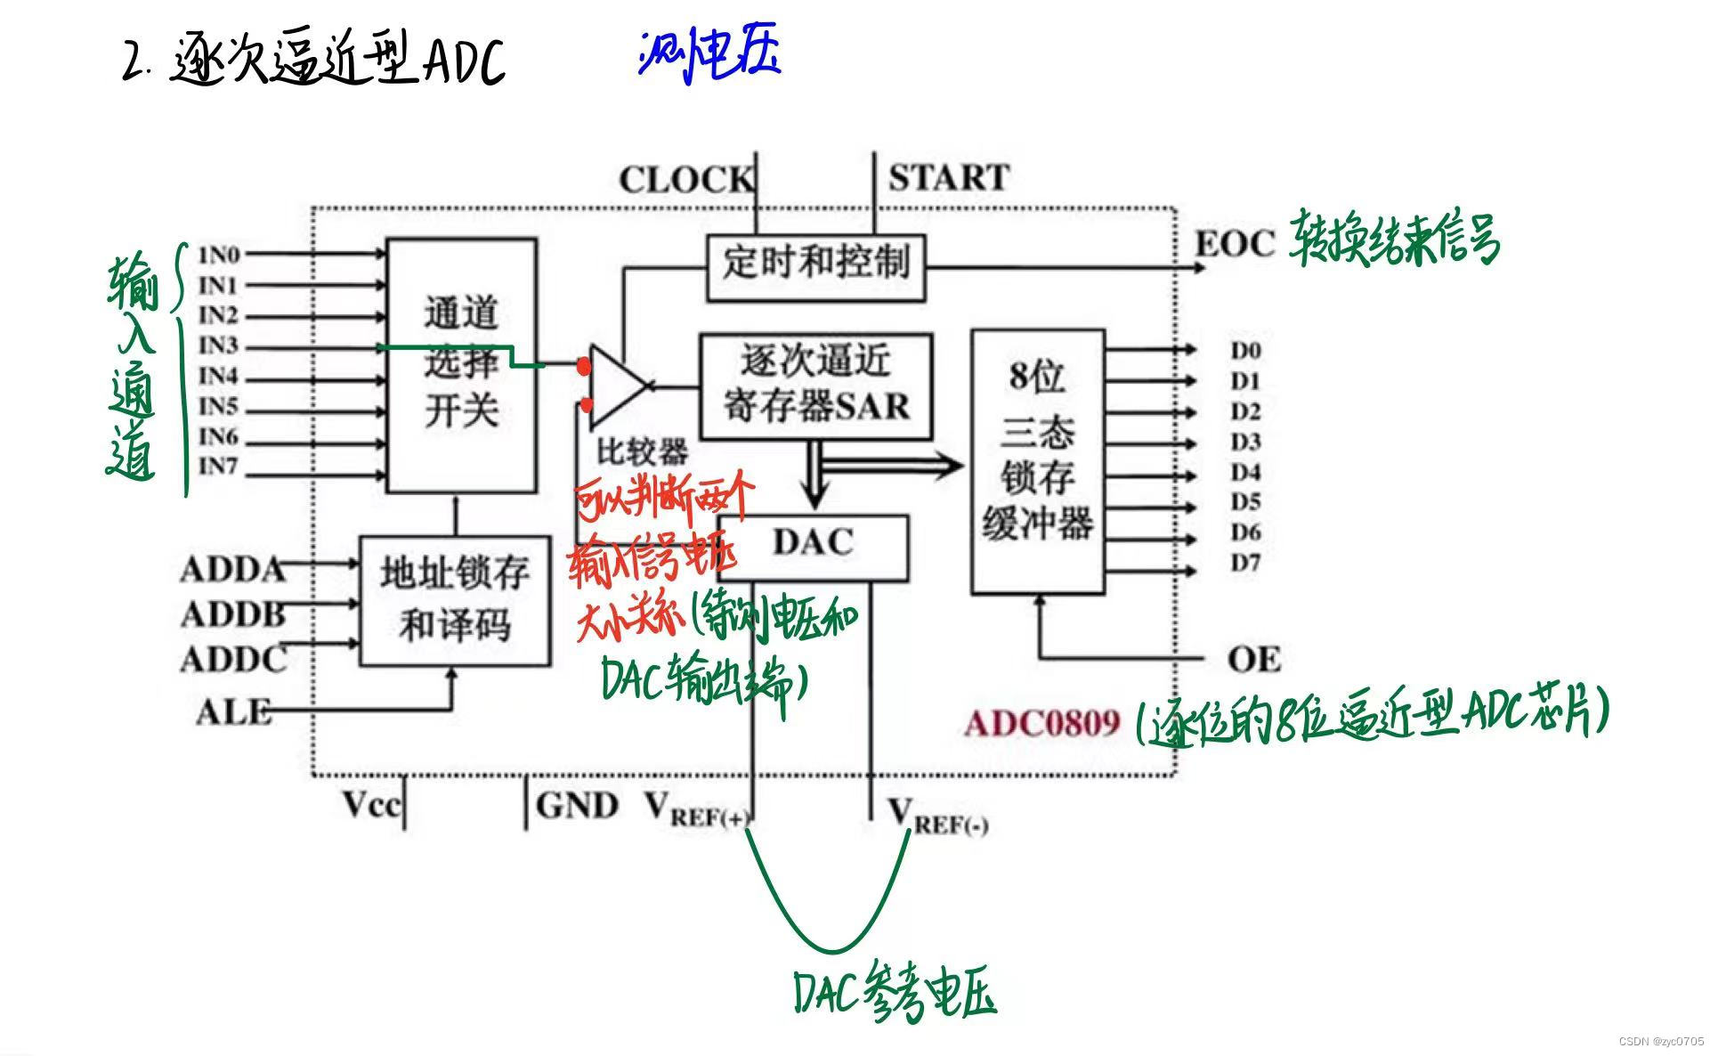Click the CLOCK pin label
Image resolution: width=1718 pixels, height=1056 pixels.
click(x=685, y=181)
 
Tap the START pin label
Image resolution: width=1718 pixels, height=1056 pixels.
click(x=949, y=178)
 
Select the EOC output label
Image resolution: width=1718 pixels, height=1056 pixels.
click(x=1234, y=244)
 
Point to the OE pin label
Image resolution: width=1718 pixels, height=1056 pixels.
click(x=1253, y=660)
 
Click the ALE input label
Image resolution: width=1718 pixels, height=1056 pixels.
click(x=233, y=712)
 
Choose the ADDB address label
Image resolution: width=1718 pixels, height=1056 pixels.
click(x=233, y=614)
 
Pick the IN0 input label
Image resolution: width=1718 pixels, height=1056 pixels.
click(x=219, y=256)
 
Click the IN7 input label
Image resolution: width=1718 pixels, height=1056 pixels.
click(x=219, y=466)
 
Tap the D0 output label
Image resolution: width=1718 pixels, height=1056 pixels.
click(x=1245, y=351)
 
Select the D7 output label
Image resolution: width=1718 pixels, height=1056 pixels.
click(x=1245, y=563)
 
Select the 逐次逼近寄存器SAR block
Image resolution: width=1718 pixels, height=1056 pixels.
click(x=815, y=386)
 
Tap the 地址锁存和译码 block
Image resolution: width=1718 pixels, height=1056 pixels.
click(x=455, y=600)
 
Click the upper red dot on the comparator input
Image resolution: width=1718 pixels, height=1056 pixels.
click(x=584, y=366)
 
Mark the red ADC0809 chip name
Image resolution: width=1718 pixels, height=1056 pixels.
click(x=1042, y=722)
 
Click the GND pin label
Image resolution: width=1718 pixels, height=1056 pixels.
click(x=577, y=806)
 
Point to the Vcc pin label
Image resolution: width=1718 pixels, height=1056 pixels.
click(x=372, y=805)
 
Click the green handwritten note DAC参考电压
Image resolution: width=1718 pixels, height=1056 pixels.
click(x=894, y=993)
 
